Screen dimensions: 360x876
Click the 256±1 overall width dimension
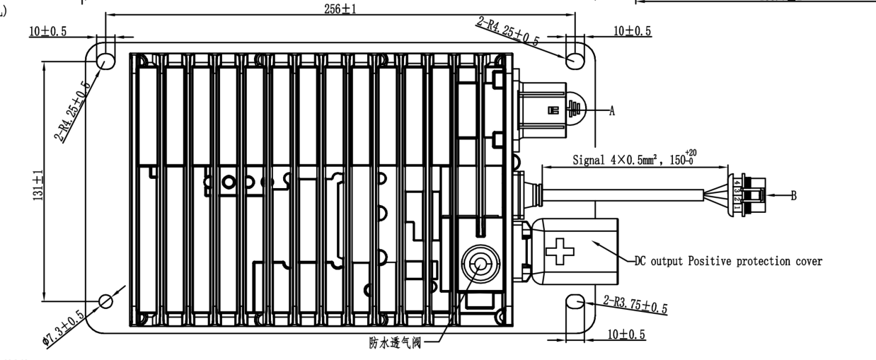tap(340, 7)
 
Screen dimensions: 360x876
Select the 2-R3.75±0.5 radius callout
tap(636, 305)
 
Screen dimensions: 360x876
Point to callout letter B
tap(794, 195)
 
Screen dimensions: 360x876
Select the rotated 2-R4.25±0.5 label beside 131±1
tap(72, 112)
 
